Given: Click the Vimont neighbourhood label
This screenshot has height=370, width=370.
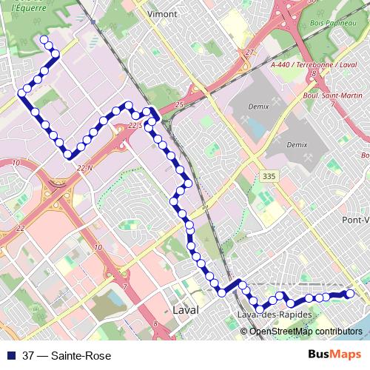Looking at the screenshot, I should (x=163, y=13).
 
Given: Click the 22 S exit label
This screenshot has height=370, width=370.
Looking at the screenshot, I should (x=135, y=127).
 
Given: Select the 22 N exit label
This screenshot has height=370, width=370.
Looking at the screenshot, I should (x=84, y=169).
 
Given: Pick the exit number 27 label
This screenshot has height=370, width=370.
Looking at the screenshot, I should (x=250, y=52).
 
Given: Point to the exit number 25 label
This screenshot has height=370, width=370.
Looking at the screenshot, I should (x=179, y=105).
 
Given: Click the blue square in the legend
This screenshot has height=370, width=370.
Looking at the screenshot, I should (x=12, y=356).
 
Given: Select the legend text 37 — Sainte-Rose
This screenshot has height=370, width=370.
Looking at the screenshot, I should (x=67, y=356).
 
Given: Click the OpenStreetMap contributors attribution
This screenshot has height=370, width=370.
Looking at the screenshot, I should (x=306, y=332).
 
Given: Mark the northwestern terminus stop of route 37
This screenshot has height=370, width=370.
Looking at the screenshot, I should (x=43, y=39).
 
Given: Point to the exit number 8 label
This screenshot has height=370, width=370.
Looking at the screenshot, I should (x=314, y=74).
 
